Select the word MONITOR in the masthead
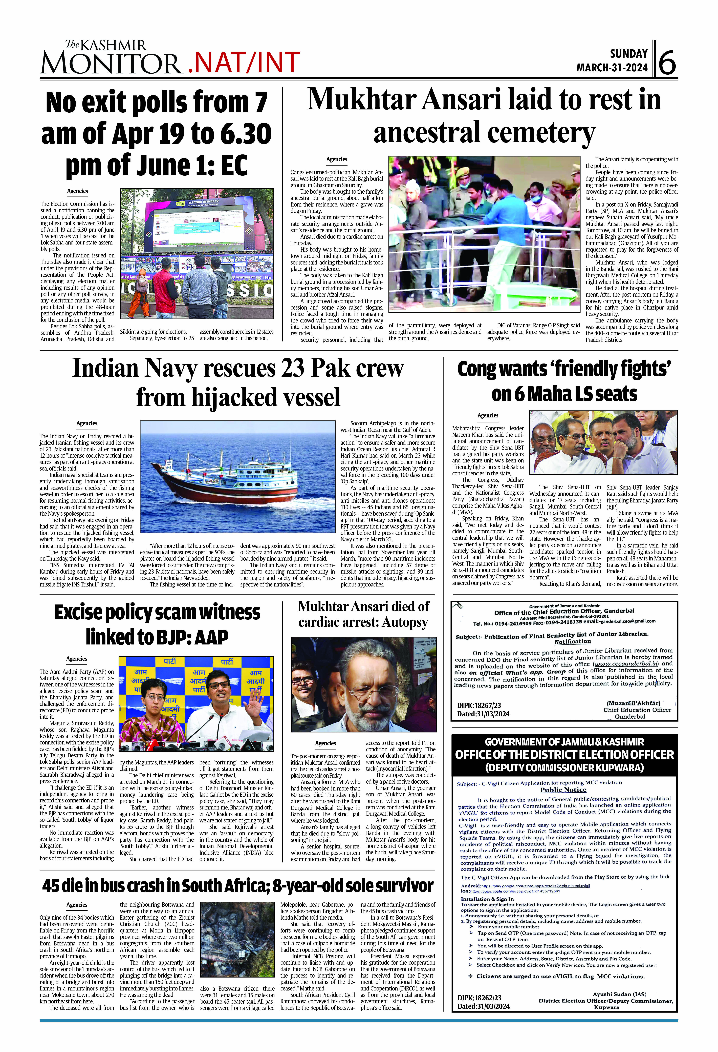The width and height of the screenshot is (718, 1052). [x=111, y=63]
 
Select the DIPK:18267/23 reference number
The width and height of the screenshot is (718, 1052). [x=479, y=705]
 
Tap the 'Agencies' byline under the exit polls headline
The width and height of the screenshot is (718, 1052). [x=77, y=191]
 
